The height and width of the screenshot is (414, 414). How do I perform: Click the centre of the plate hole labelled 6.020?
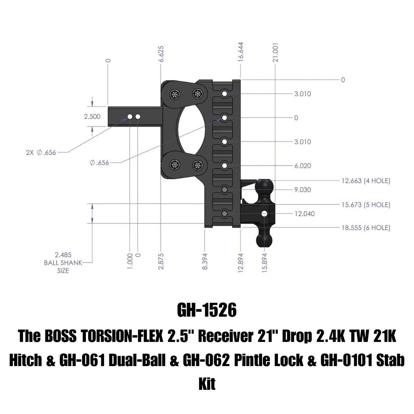[x=224, y=166]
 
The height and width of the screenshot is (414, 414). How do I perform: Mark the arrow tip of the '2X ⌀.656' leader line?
[x=127, y=118]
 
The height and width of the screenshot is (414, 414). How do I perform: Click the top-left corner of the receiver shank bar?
[x=108, y=107]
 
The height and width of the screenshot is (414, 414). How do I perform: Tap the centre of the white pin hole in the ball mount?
[x=264, y=214]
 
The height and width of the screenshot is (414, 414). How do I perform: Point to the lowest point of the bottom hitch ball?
[x=264, y=247]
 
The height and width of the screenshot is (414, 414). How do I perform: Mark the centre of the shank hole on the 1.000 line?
[x=130, y=117]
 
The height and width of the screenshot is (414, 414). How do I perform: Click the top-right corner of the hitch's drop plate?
[x=240, y=80]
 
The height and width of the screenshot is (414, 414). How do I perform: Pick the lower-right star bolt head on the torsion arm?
[x=197, y=166]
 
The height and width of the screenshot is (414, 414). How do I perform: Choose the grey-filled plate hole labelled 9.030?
[x=224, y=190]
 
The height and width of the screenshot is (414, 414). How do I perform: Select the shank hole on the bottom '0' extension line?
[x=138, y=117]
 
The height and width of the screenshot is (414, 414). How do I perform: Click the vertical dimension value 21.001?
[x=275, y=53]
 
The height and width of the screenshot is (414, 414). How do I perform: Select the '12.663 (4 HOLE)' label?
[x=366, y=181]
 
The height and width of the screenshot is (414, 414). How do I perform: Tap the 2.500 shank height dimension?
[x=92, y=117]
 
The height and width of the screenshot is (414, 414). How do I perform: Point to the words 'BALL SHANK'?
[x=63, y=263]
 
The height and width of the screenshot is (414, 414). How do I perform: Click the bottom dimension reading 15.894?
[x=265, y=262]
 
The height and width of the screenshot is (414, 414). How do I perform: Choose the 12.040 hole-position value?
[x=305, y=214]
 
